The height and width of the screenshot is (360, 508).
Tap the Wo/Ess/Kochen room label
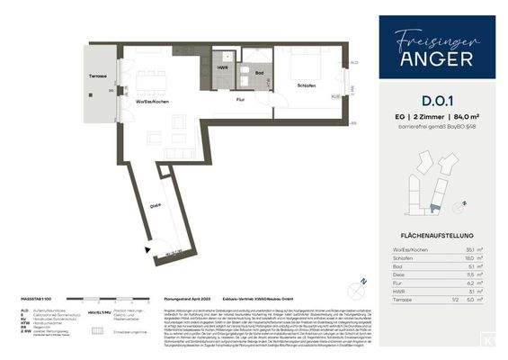[154, 102]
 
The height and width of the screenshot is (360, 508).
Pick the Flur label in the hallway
[241, 100]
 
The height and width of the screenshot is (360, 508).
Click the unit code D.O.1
[436, 114]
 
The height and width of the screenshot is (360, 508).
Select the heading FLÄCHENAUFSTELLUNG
[436, 229]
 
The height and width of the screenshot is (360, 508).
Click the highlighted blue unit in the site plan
[435, 207]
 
